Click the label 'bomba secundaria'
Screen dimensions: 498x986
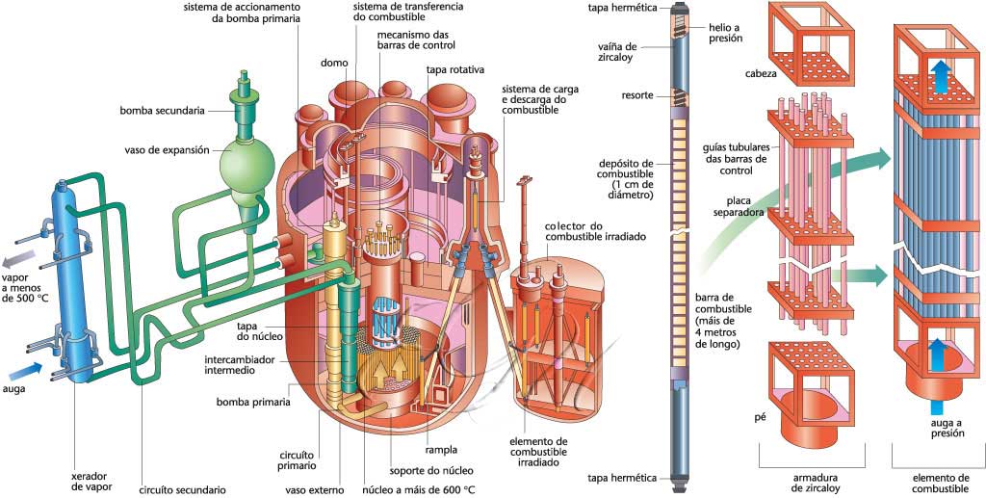click(161, 112)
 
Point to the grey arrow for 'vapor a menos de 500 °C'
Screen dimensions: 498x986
click(22, 257)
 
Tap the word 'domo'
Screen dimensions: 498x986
click(333, 64)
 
